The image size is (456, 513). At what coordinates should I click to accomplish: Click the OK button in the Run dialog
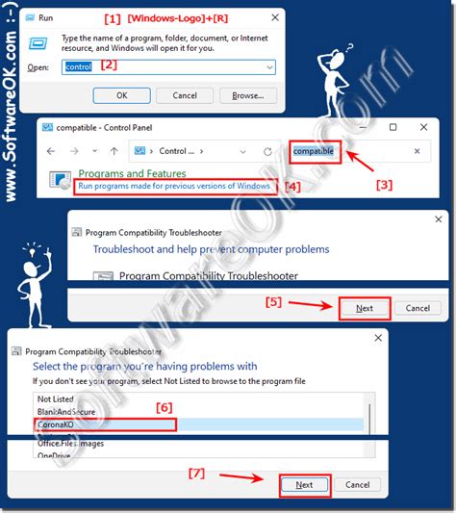click(121, 95)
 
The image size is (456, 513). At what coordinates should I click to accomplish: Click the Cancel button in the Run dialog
click(184, 95)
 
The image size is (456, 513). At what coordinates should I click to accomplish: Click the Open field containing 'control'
click(168, 67)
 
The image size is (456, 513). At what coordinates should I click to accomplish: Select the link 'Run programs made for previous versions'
click(174, 186)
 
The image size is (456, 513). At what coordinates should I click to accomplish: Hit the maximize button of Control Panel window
click(393, 128)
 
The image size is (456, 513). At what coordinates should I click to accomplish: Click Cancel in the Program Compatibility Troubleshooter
click(418, 308)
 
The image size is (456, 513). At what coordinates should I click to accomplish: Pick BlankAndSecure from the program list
click(67, 411)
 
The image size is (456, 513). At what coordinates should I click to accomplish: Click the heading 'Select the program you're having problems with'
click(144, 367)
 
